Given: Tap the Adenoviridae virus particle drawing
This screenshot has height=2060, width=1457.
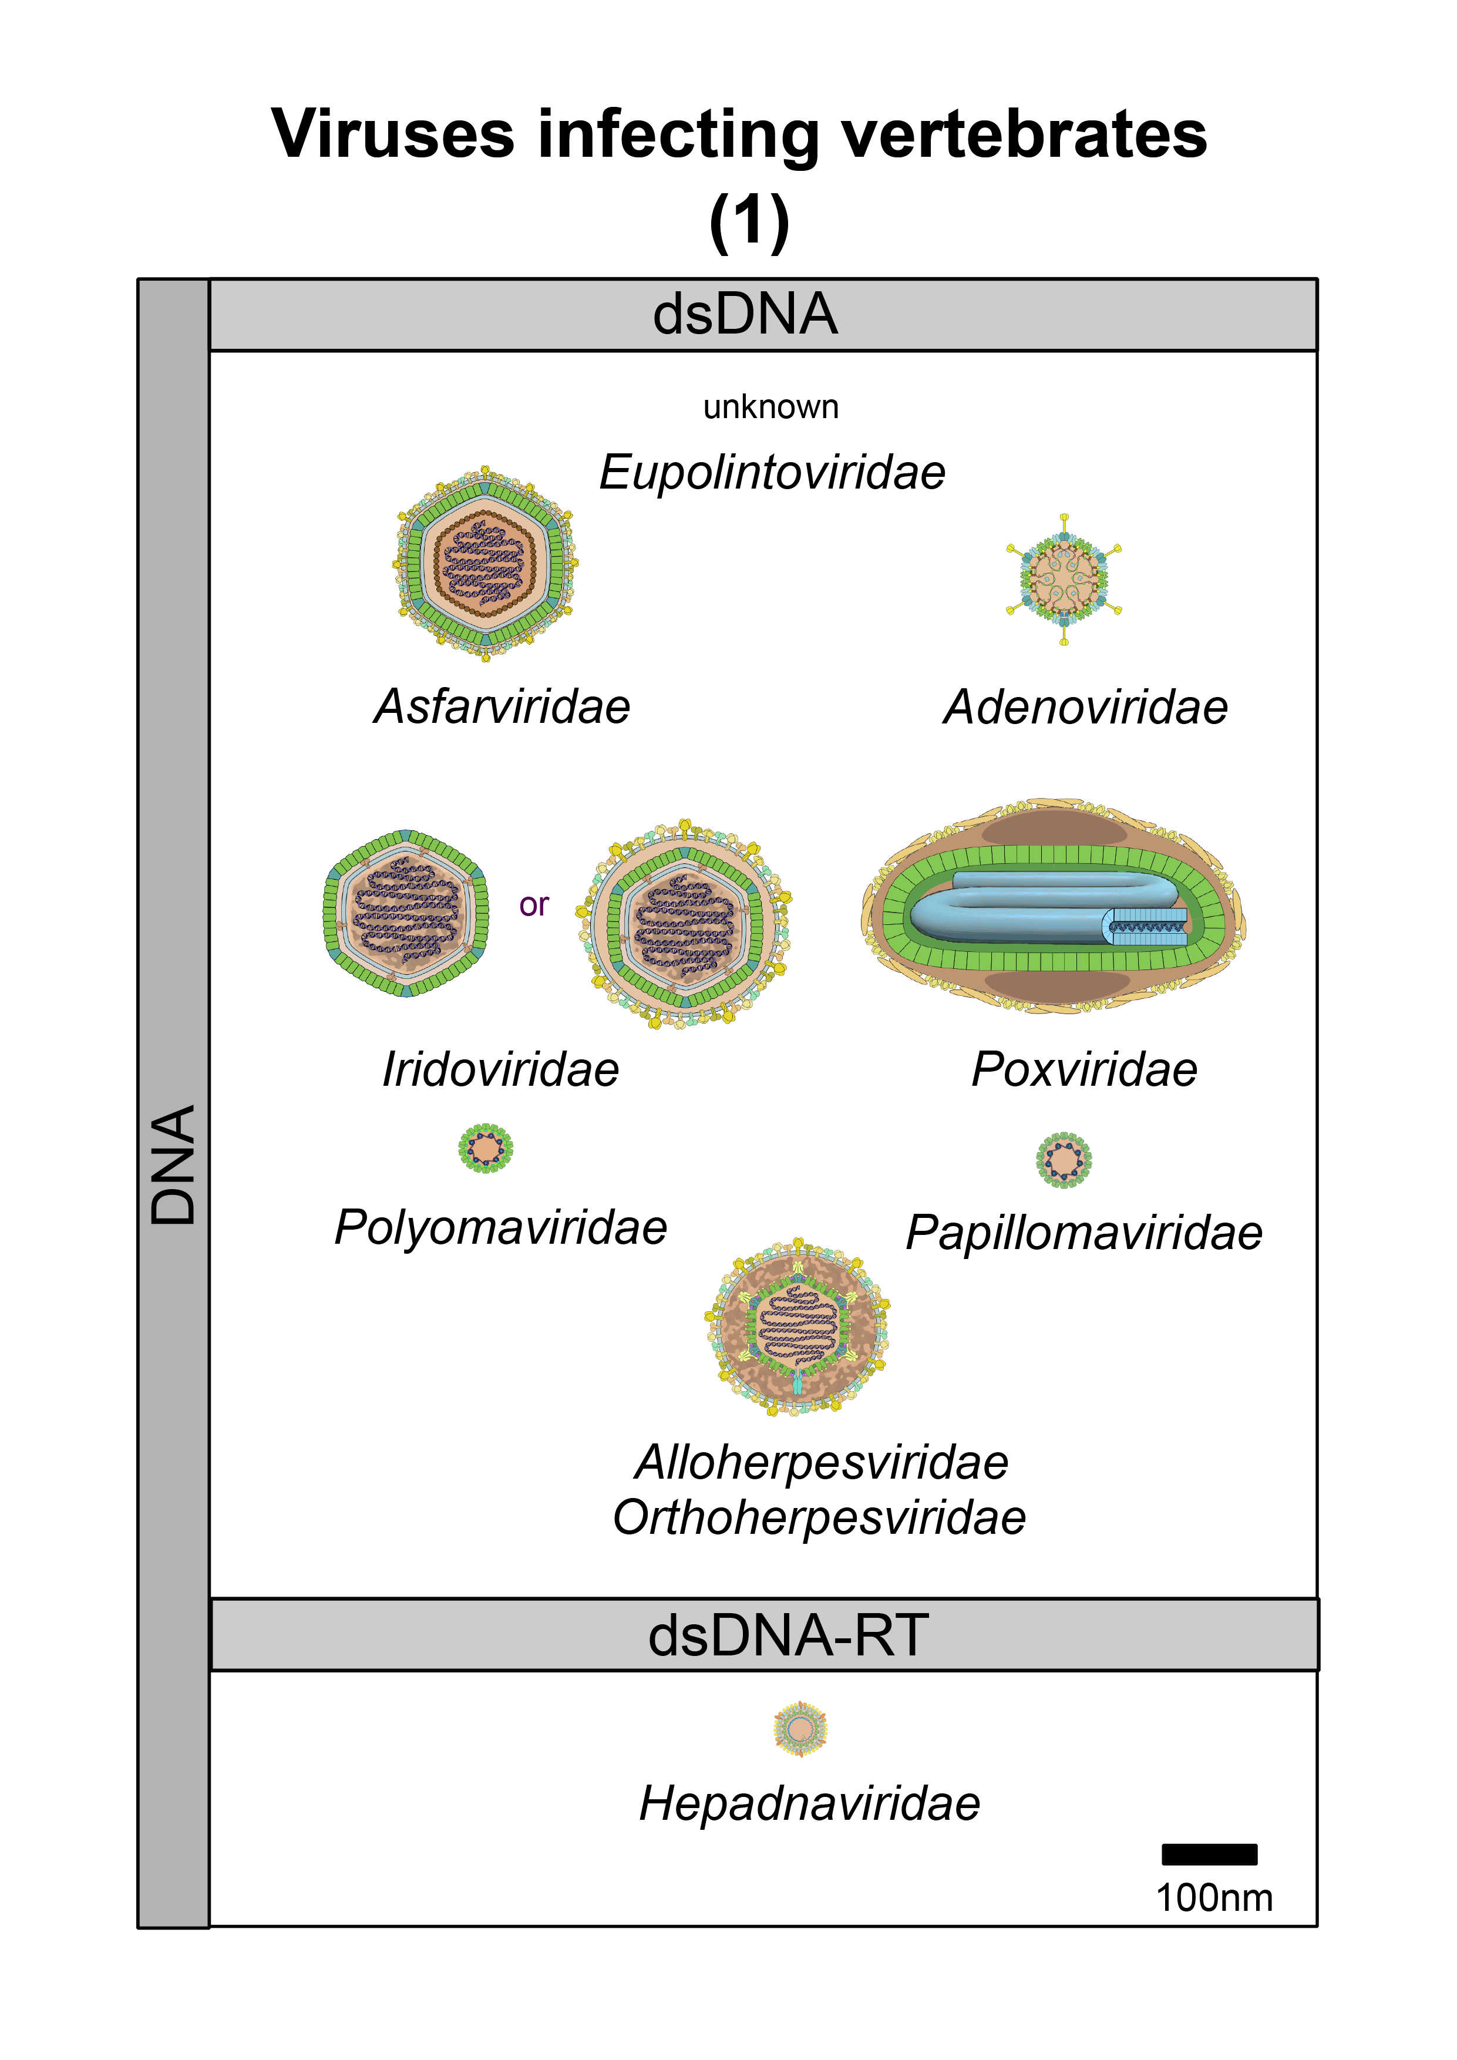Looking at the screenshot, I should coord(1064,580).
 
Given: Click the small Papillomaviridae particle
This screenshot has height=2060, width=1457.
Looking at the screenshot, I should coord(1064,1160).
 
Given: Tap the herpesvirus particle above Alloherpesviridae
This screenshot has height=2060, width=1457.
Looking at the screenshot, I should coord(797,1329).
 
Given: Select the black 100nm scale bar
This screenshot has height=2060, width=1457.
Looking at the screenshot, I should coord(1209,1854).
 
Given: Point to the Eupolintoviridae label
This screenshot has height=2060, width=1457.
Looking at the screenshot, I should coord(772,472).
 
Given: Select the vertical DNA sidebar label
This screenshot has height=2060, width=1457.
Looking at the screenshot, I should coord(173,1164).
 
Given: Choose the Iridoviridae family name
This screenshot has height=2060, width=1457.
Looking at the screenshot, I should coord(500,1069).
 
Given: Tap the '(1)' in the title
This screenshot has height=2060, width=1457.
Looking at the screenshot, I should coord(749,221).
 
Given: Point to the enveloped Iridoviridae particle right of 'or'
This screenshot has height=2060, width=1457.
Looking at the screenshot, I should coord(685,923).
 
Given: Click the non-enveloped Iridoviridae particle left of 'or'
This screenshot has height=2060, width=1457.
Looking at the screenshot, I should coord(406,913).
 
